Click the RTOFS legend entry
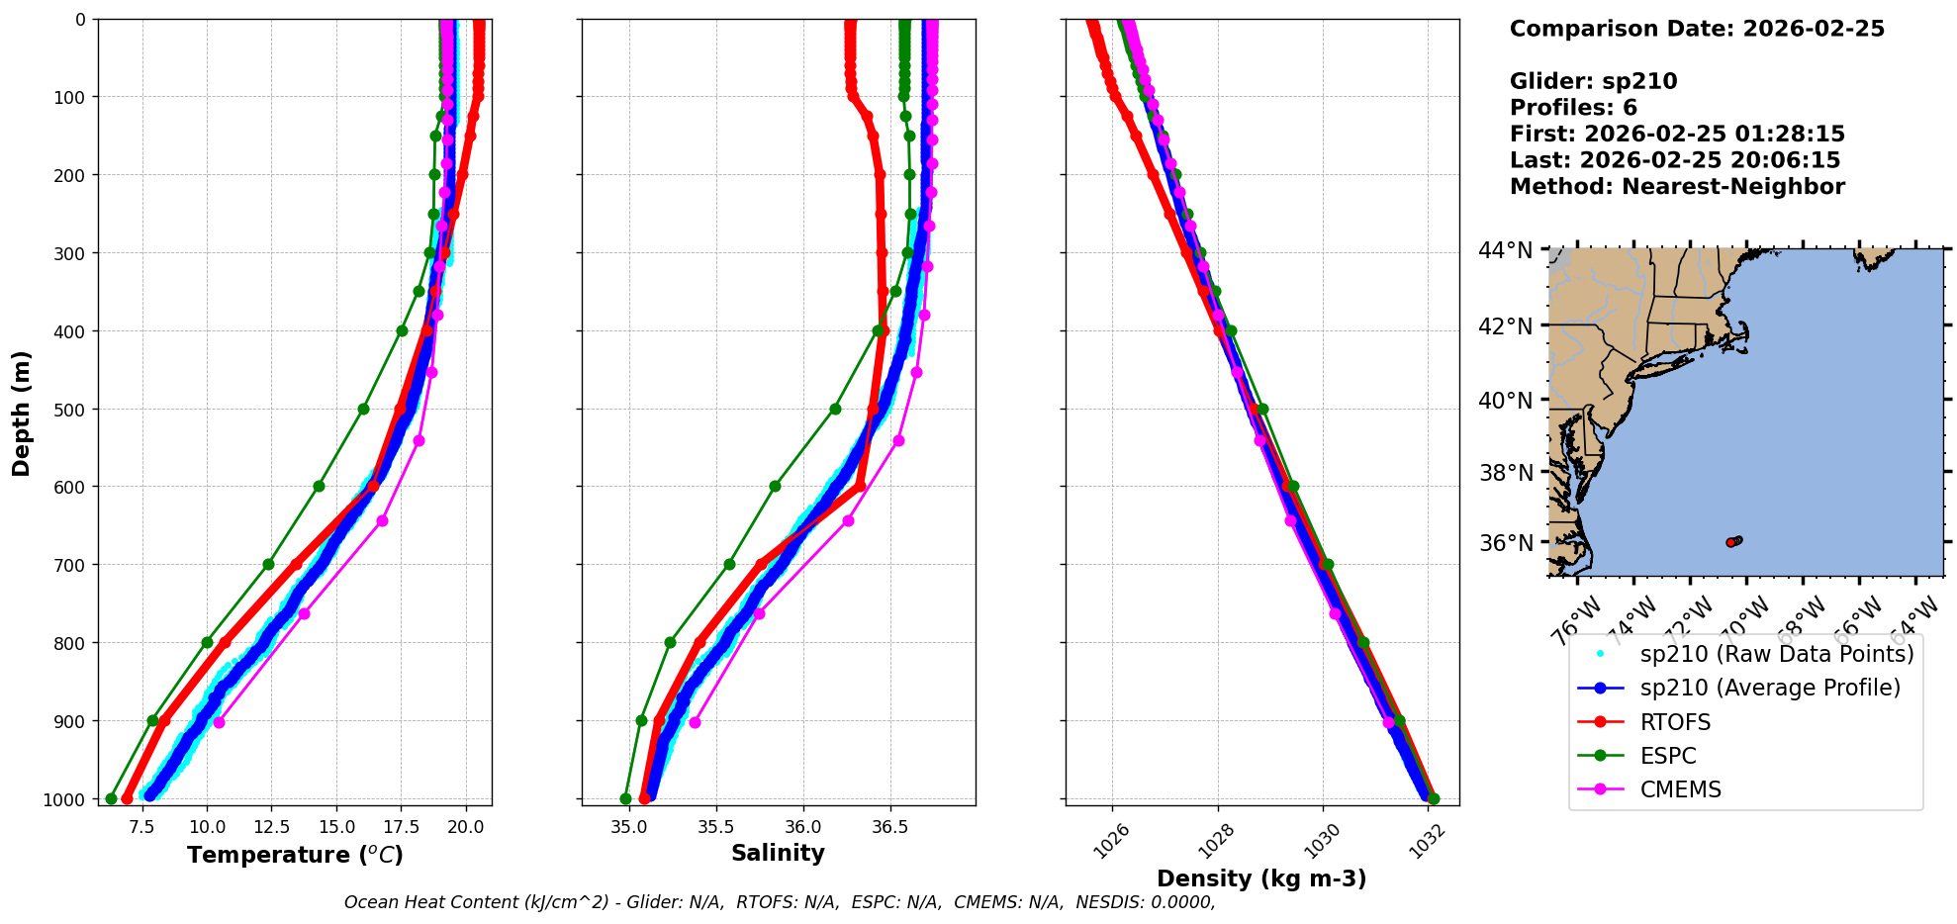click(1675, 722)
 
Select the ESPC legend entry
click(1668, 756)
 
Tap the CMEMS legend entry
click(1680, 789)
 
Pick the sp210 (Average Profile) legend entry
click(1770, 688)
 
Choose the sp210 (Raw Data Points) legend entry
click(1777, 654)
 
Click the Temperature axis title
click(295, 855)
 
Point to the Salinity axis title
click(778, 853)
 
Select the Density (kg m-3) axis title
click(1261, 878)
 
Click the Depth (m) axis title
click(22, 413)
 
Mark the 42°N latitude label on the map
click(1506, 326)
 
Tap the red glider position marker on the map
click(1730, 542)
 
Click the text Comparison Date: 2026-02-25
click(1697, 29)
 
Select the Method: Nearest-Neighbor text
click(1677, 187)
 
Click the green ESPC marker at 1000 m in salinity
click(625, 798)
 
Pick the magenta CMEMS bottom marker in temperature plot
click(219, 722)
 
